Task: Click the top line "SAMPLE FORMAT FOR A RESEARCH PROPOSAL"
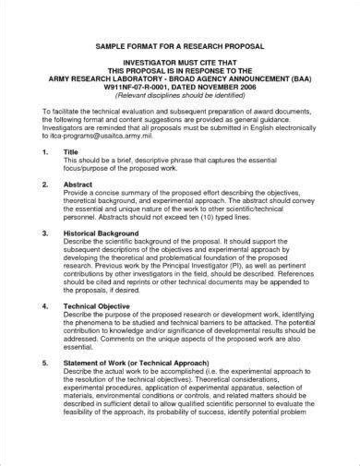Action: (x=179, y=46)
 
